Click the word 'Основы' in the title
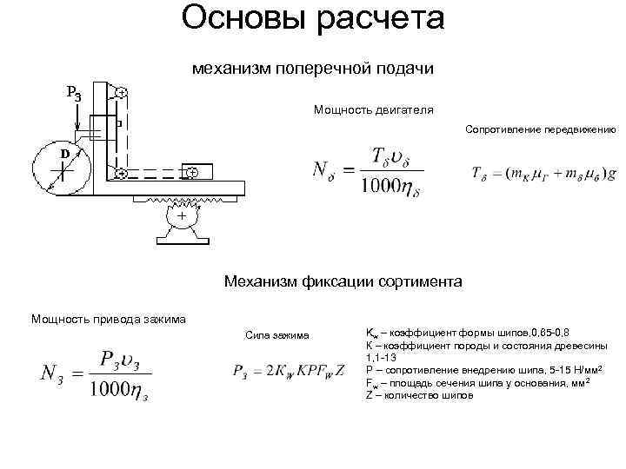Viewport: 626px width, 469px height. pyautogui.click(x=237, y=19)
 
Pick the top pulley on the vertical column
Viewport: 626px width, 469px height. pyautogui.click(x=121, y=92)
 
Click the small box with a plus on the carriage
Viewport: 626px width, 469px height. pyautogui.click(x=193, y=173)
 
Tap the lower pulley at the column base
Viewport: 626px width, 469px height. pyautogui.click(x=121, y=174)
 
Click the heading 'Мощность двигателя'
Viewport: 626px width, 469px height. pyautogui.click(x=373, y=110)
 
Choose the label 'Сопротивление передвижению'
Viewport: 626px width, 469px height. pyautogui.click(x=540, y=130)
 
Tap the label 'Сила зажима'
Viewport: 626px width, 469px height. pyautogui.click(x=270, y=334)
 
